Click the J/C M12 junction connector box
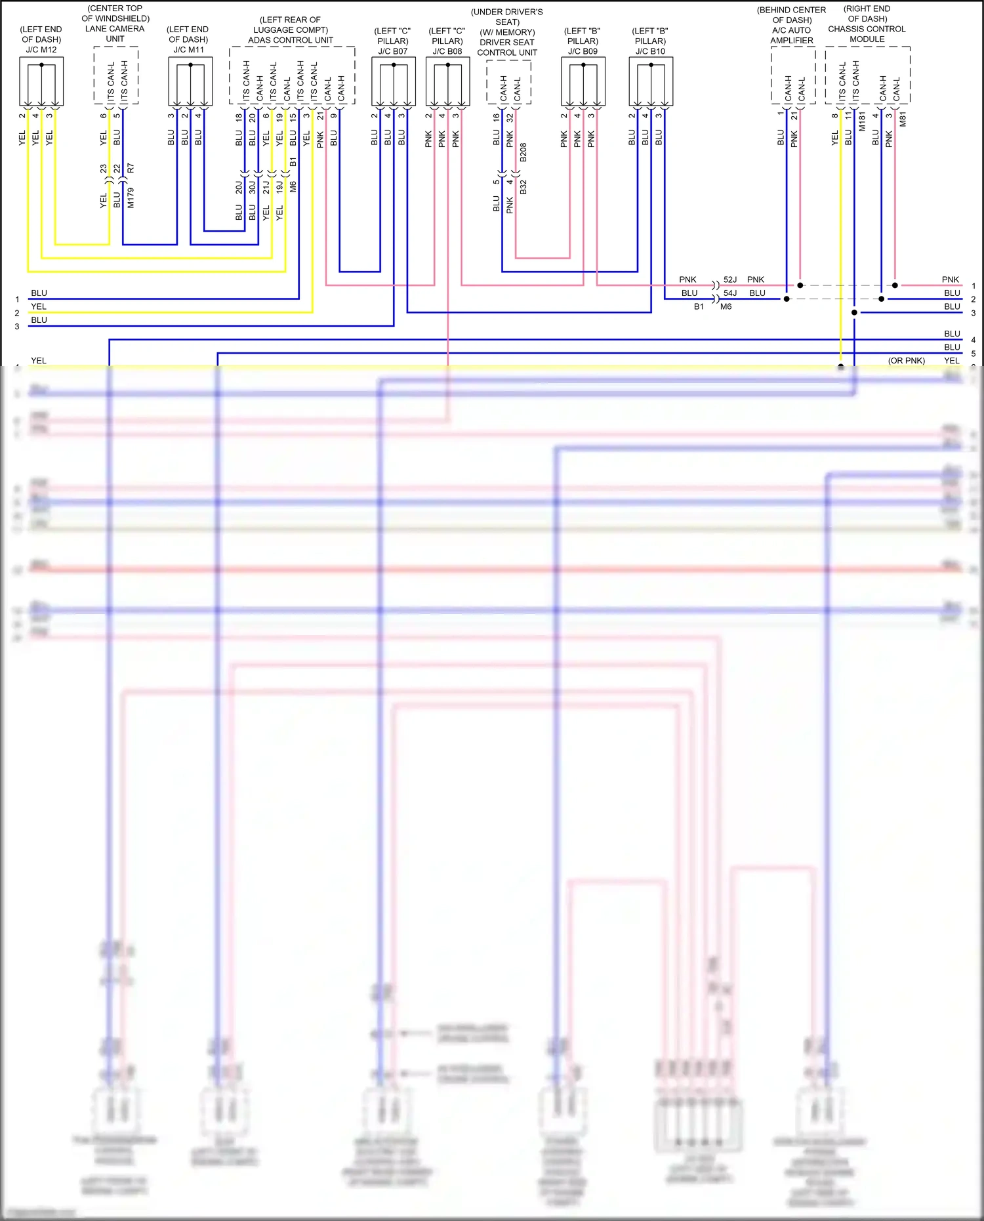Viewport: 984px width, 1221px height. pos(41,81)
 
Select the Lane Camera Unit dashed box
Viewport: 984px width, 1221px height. pos(116,75)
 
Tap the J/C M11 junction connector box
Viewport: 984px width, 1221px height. pos(190,81)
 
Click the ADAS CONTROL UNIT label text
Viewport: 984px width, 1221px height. pos(291,40)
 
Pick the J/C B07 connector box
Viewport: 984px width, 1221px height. pos(394,81)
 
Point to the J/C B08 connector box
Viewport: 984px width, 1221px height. pos(448,81)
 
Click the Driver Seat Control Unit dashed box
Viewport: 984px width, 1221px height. pos(509,82)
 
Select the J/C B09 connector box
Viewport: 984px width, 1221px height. pos(583,81)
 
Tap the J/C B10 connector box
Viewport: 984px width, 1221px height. pos(651,81)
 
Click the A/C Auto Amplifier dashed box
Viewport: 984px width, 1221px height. pos(793,75)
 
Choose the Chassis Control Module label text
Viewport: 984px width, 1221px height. pos(867,34)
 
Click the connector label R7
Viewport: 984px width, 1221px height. pos(131,169)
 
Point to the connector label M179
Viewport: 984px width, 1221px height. pos(131,197)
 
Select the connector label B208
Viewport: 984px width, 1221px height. pos(523,152)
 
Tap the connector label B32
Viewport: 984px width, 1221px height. pos(523,188)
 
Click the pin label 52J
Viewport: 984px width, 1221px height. pos(730,279)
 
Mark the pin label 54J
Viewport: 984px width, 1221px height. pos(730,293)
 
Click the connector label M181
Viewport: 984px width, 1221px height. pos(862,121)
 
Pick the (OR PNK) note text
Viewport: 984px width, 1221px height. pos(907,361)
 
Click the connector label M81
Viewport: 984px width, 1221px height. pos(903,119)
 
